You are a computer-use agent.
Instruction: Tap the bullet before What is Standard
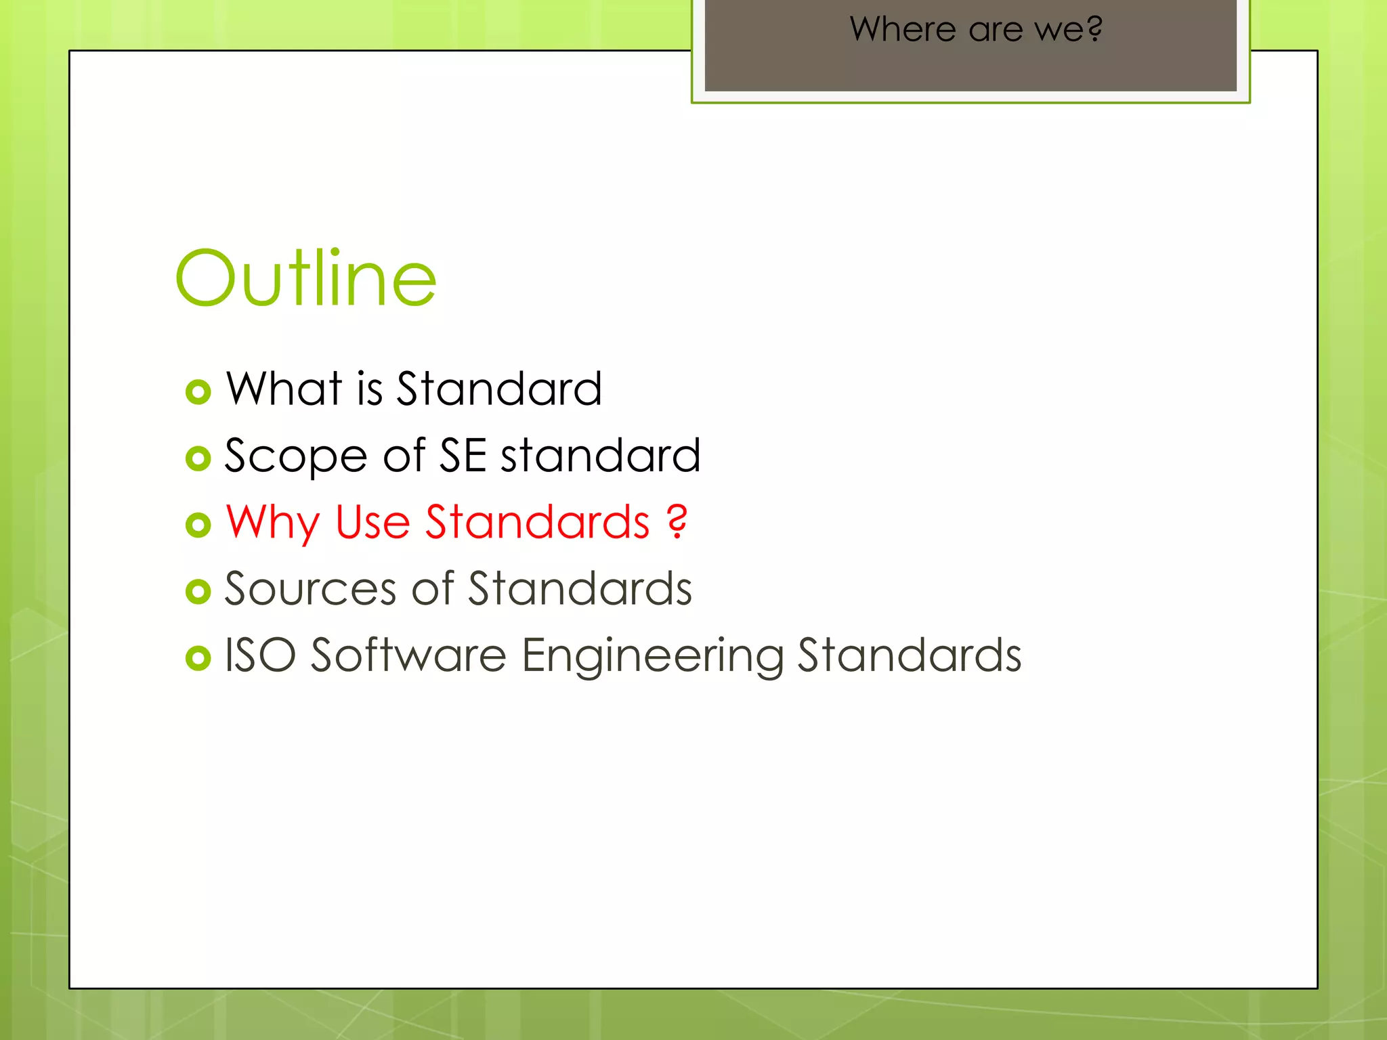point(198,391)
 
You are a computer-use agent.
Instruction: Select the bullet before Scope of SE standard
point(198,458)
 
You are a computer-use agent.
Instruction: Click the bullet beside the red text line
point(198,525)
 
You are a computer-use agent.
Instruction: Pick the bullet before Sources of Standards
point(198,592)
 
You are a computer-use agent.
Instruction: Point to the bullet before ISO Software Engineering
point(198,658)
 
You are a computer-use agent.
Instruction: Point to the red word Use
point(372,522)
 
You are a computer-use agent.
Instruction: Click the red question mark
point(677,522)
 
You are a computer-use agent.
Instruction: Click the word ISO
point(260,655)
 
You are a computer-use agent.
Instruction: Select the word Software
point(408,655)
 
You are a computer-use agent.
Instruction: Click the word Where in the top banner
point(903,29)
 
